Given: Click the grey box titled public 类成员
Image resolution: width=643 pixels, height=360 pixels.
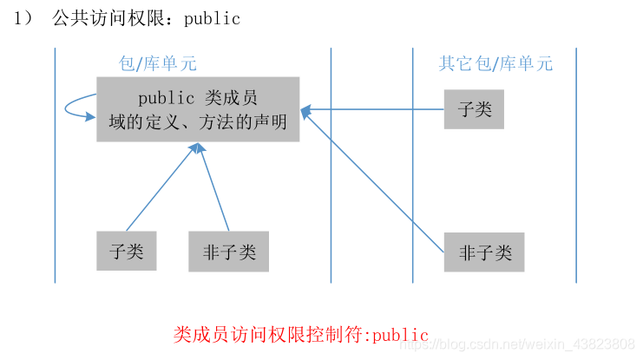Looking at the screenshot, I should [x=198, y=109].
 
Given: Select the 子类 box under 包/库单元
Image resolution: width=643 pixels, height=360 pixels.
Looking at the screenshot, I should [x=127, y=252].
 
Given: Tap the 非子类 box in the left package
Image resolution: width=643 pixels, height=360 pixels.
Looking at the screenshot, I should [x=229, y=252].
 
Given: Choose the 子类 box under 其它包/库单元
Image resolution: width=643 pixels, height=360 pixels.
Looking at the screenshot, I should [x=474, y=108].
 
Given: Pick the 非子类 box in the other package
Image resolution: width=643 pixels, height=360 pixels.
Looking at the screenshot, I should [x=484, y=252].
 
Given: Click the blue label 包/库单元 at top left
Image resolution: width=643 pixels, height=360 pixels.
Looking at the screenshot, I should [x=157, y=63].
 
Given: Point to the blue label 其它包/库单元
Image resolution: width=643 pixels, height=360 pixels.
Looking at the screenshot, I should [x=495, y=63].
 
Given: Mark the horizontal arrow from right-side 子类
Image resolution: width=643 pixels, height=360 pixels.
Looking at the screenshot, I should [x=373, y=110].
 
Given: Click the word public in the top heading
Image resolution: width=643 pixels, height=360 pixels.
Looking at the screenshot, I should [x=212, y=18].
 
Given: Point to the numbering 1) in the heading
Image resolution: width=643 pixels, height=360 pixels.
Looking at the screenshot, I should [x=22, y=18].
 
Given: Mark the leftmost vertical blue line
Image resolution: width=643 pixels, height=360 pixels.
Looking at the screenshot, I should [x=55, y=165].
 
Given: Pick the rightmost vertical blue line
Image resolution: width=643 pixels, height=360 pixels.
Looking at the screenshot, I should [x=576, y=165].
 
